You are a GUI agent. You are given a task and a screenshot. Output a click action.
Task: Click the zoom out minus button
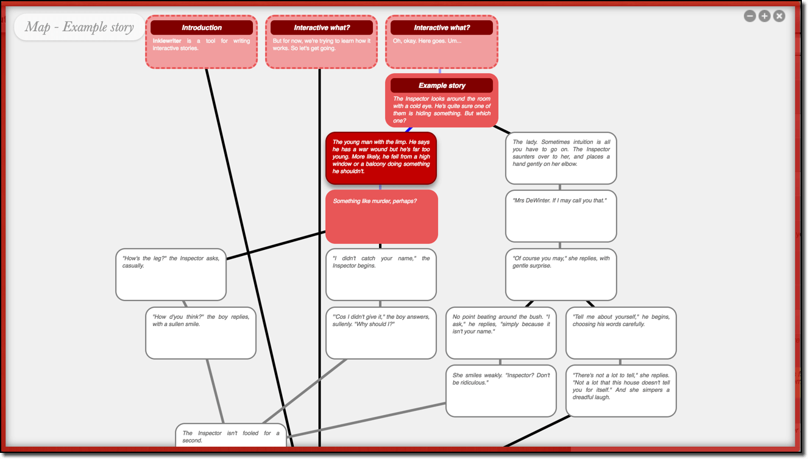click(x=750, y=16)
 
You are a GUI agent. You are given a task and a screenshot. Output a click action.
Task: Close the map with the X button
click(x=779, y=16)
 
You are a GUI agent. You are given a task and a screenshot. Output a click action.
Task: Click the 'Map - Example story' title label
click(x=79, y=27)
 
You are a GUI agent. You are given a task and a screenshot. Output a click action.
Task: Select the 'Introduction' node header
click(x=202, y=27)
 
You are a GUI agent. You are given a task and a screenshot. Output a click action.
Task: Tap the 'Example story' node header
click(x=442, y=85)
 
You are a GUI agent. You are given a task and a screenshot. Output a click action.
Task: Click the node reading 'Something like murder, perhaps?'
click(x=381, y=216)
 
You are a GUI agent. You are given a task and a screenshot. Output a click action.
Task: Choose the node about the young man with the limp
click(x=381, y=158)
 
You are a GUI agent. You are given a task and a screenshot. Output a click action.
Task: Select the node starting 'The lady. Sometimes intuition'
click(x=561, y=158)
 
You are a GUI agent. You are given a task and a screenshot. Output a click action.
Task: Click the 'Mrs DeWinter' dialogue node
click(x=561, y=216)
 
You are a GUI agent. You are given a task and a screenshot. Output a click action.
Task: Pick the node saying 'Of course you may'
click(x=561, y=274)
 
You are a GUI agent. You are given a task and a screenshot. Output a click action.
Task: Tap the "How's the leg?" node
click(x=171, y=274)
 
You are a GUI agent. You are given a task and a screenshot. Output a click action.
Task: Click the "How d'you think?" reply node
click(x=200, y=333)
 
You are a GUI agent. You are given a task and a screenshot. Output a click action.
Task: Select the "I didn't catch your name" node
click(x=381, y=274)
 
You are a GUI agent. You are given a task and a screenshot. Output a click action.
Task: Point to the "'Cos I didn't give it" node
click(x=381, y=333)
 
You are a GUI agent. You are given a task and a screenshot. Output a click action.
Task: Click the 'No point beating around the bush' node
click(x=501, y=333)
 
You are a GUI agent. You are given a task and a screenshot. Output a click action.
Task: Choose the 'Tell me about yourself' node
click(x=621, y=333)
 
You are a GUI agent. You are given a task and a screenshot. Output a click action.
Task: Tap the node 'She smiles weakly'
click(x=501, y=391)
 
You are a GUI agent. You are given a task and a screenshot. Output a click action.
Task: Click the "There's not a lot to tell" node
click(x=621, y=391)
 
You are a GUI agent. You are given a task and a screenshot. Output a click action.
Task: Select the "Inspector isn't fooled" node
click(x=231, y=436)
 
